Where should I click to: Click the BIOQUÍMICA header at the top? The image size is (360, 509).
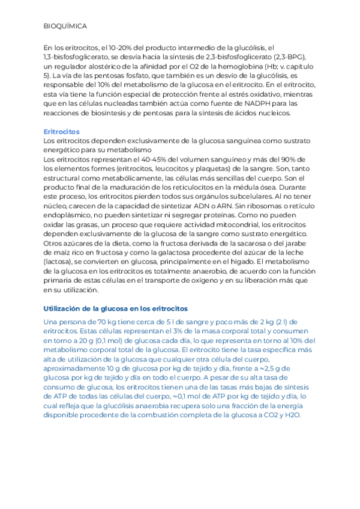tap(65, 27)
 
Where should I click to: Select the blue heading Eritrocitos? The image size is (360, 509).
tap(62, 131)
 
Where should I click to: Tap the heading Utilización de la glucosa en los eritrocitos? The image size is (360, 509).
tap(116, 309)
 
